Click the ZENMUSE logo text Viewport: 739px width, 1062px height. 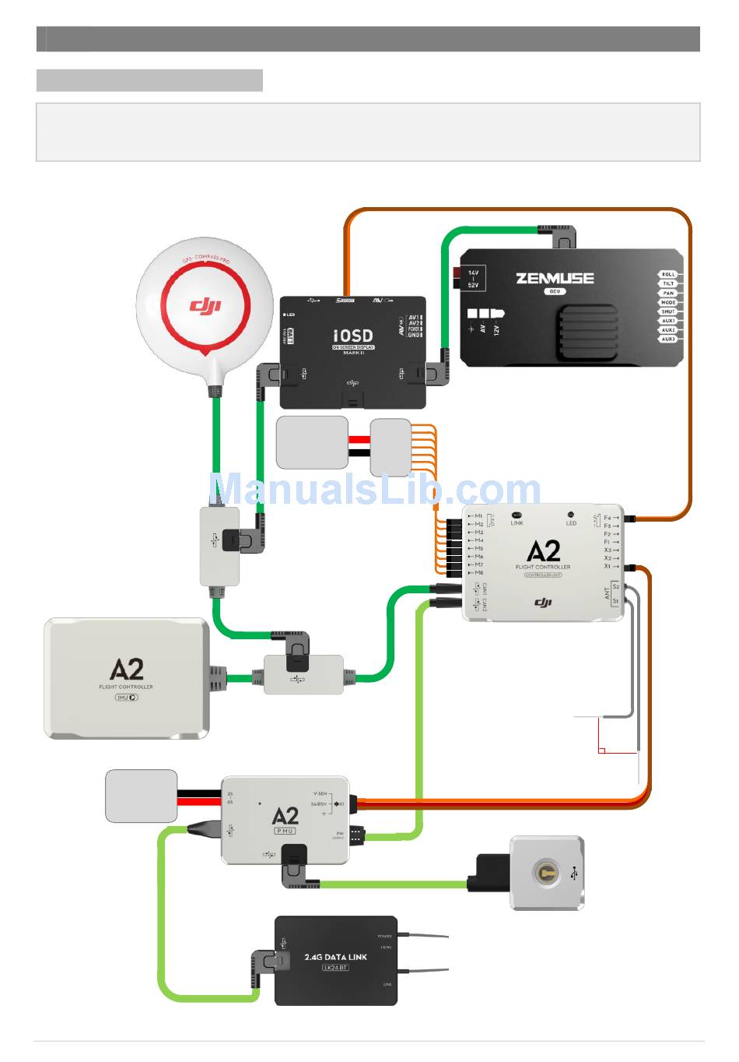pos(555,278)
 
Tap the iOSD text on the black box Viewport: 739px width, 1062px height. pos(353,336)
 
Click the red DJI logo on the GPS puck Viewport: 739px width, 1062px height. pos(205,304)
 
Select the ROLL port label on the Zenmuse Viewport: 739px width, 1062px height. pos(668,275)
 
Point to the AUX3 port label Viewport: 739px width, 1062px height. pos(668,339)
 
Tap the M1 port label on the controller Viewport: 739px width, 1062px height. pos(478,516)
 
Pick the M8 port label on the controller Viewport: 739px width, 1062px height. pos(478,573)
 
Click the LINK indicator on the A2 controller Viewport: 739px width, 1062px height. pos(517,519)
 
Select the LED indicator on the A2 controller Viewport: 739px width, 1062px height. pos(571,519)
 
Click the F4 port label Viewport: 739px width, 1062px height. pos(608,517)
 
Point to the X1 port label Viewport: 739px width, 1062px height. pos(608,566)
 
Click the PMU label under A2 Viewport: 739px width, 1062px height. pos(285,832)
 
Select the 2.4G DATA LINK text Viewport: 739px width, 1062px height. pos(335,957)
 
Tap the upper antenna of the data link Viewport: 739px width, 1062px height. pos(423,935)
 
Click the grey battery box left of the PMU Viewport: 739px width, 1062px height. pos(141,796)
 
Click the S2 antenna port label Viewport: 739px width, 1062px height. pos(615,586)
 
